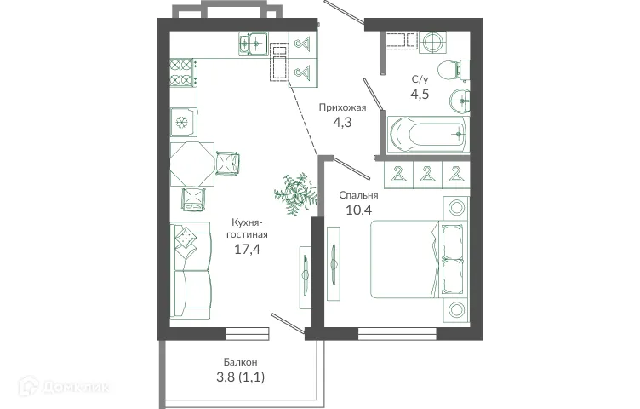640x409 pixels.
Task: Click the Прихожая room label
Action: pos(342,107)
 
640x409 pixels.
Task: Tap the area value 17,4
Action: pos(248,250)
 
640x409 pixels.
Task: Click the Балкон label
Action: pos(243,361)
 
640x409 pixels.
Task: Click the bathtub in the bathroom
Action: pos(427,133)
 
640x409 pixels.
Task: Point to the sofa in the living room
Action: pos(191,270)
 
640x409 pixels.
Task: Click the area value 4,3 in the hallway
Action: pos(342,123)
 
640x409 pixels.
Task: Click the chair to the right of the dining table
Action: pos(229,162)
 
